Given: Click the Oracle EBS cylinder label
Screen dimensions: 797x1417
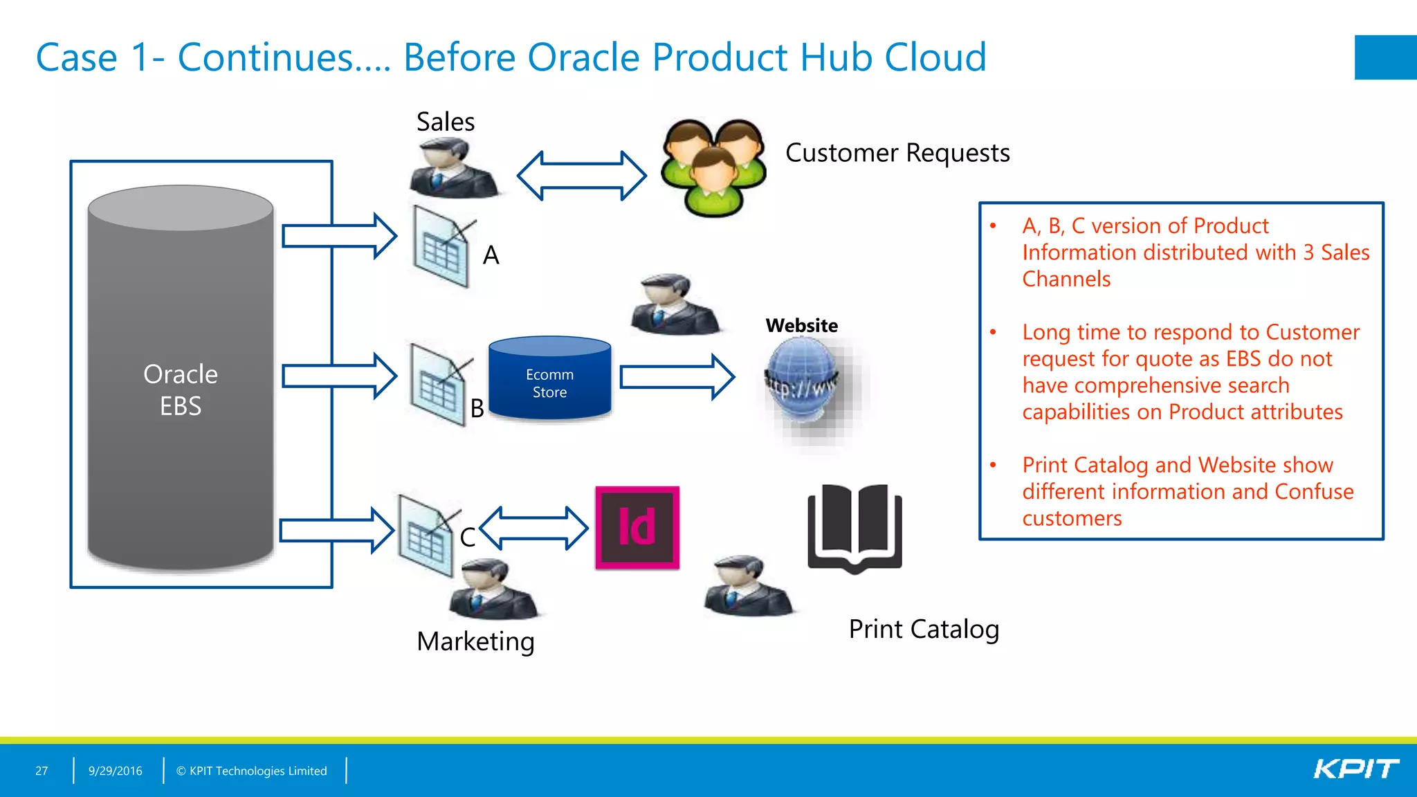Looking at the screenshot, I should [181, 390].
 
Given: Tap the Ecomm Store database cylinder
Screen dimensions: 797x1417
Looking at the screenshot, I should [549, 379].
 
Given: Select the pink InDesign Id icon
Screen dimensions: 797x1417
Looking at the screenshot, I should [637, 527].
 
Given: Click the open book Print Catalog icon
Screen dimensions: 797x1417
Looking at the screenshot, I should [854, 528].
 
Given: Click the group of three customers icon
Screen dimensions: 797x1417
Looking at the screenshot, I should [713, 167].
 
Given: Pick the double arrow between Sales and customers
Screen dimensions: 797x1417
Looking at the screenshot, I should [581, 176].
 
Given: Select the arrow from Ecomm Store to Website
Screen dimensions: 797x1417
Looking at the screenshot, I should [677, 377].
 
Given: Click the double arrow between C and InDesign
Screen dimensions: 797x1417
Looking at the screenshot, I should [533, 528].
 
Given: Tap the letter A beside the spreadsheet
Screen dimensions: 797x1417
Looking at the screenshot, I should [491, 255].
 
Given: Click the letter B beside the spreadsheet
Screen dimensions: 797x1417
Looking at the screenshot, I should [477, 408].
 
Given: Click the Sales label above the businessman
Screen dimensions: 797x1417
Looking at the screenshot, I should [445, 122].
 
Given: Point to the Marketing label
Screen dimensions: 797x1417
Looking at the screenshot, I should [475, 641].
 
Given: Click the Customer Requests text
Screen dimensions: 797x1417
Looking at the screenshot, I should [897, 153].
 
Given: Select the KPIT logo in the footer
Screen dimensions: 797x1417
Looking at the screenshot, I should [1355, 769].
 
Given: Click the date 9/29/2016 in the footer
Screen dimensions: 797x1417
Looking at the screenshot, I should [115, 771].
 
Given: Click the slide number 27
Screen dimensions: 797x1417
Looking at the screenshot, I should [42, 771].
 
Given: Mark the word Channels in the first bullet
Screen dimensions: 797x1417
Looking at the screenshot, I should [1066, 279].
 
